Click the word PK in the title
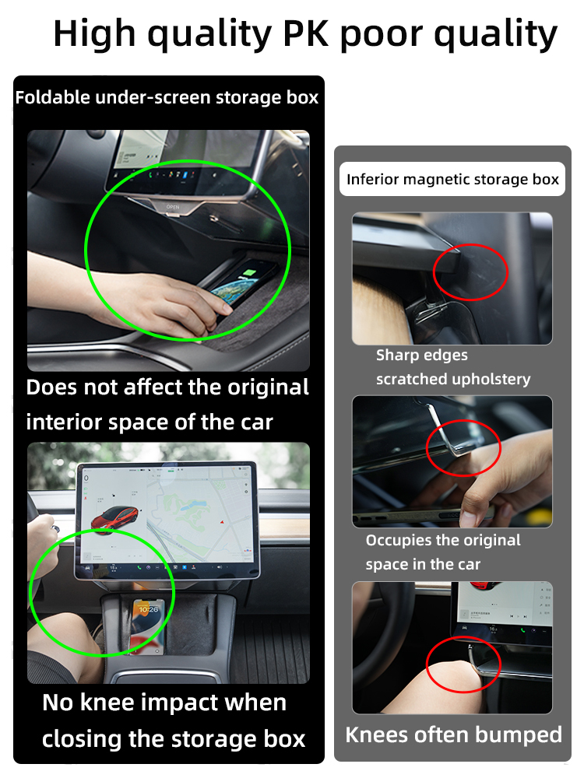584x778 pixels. coord(305,33)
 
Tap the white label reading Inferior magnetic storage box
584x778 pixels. coord(452,179)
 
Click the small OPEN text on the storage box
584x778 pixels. coord(173,207)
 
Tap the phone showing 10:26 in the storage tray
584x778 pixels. coord(148,626)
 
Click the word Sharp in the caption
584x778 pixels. coord(396,356)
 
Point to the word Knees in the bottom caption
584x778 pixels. coord(377,735)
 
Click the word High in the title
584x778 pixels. coord(94,35)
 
